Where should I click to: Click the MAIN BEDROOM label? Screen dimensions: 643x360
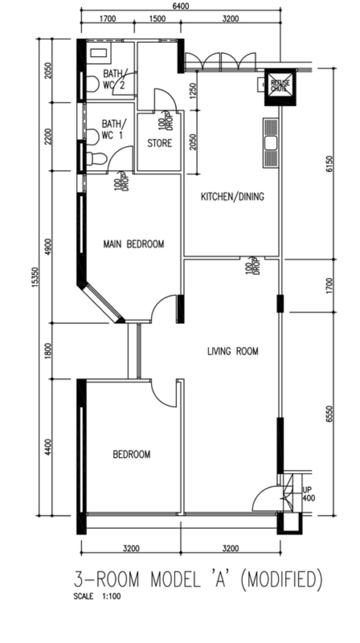click(134, 244)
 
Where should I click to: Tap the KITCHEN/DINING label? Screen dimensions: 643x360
click(232, 197)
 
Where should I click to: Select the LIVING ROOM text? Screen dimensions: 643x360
click(233, 351)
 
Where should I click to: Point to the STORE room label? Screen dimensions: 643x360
click(160, 144)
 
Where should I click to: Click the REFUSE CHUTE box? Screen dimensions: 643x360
click(280, 85)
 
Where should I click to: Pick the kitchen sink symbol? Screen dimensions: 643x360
click(271, 143)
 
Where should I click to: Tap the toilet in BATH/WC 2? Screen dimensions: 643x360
click(92, 84)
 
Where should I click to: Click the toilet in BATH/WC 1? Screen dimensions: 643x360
click(96, 158)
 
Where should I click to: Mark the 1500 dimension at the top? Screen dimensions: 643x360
click(157, 18)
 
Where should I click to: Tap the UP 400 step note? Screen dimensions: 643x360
click(309, 494)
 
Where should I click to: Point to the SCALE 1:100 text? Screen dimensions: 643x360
click(97, 597)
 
